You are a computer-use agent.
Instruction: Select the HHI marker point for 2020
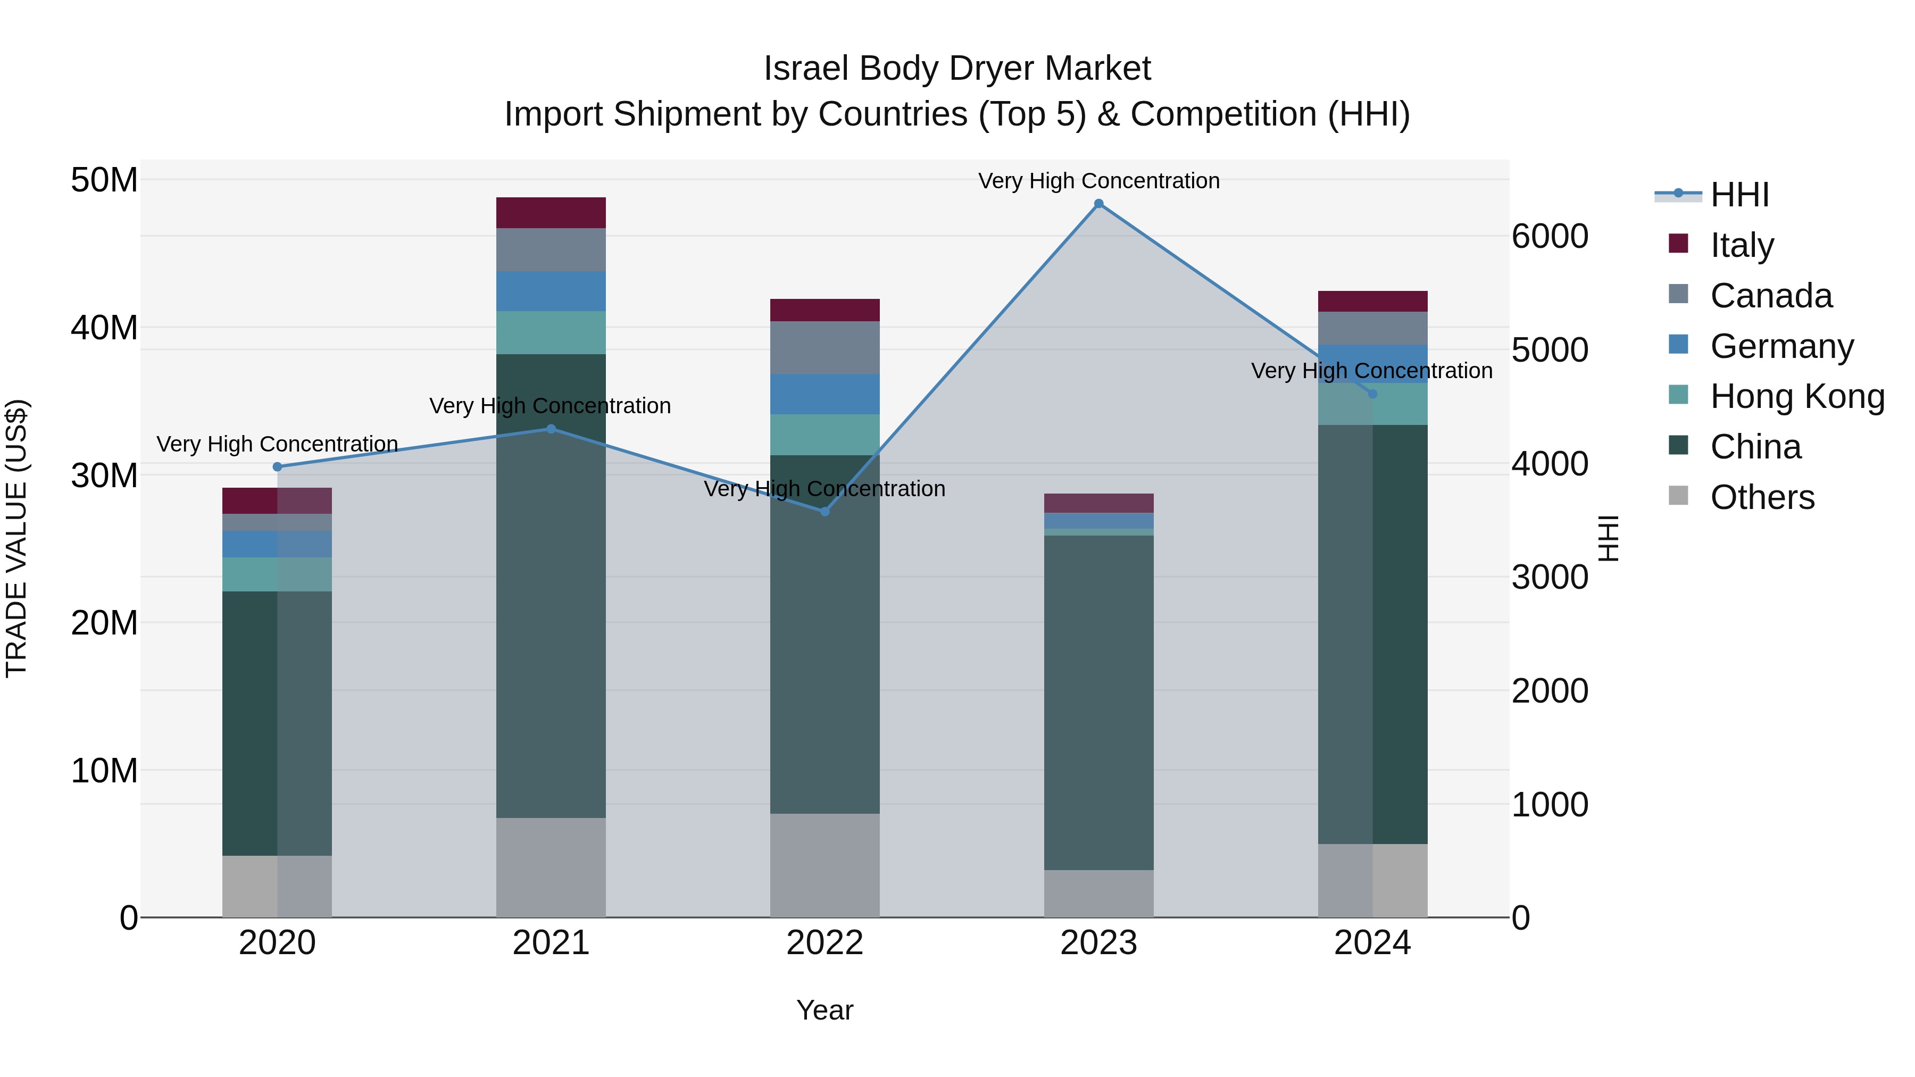277,467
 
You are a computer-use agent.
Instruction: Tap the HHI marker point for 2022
825,511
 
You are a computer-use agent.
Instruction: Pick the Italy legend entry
1742,245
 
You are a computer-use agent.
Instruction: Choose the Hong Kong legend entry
1797,397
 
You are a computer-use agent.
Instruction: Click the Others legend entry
1762,497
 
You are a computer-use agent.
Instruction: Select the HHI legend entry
1739,195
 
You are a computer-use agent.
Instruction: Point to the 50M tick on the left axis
104,180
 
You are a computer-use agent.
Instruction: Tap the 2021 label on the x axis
551,943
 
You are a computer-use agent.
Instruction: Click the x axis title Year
825,1010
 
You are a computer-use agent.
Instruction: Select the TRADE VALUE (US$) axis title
16,538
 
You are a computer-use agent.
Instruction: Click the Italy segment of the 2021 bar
551,213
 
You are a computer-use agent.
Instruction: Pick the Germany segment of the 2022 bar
825,394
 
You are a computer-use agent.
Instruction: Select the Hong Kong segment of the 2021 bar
551,332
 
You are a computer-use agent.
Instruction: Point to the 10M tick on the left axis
104,771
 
